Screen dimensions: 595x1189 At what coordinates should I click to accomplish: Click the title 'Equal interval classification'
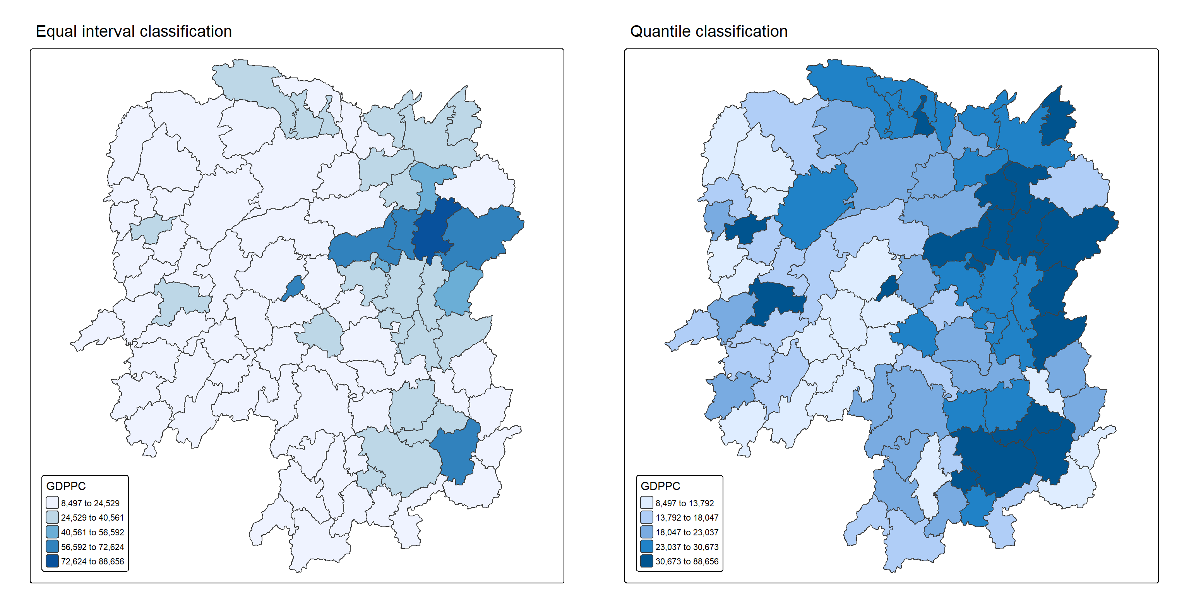tap(134, 31)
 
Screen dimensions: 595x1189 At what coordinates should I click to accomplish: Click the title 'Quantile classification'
tap(709, 31)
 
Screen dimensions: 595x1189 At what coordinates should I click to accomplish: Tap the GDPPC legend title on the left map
tap(66, 486)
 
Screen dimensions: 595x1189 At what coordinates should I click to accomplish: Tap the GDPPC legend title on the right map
tap(661, 486)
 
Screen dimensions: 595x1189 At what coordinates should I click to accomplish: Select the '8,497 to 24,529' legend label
tap(90, 503)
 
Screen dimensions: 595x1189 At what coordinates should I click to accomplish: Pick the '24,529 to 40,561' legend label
tap(93, 518)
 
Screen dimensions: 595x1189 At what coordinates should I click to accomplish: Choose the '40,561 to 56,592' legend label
tap(93, 532)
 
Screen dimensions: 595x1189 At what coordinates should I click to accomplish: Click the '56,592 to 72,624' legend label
tap(93, 547)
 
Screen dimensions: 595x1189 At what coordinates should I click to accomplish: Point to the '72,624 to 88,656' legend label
tap(93, 561)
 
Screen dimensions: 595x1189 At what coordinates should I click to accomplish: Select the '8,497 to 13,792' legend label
tap(685, 503)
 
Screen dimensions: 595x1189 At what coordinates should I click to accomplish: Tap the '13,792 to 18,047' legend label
tap(687, 518)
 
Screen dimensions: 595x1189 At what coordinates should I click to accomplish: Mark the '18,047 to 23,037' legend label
tap(687, 532)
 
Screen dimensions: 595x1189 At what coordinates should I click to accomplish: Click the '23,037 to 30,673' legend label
tap(687, 547)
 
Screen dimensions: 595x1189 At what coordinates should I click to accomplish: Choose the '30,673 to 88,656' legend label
tap(687, 561)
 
